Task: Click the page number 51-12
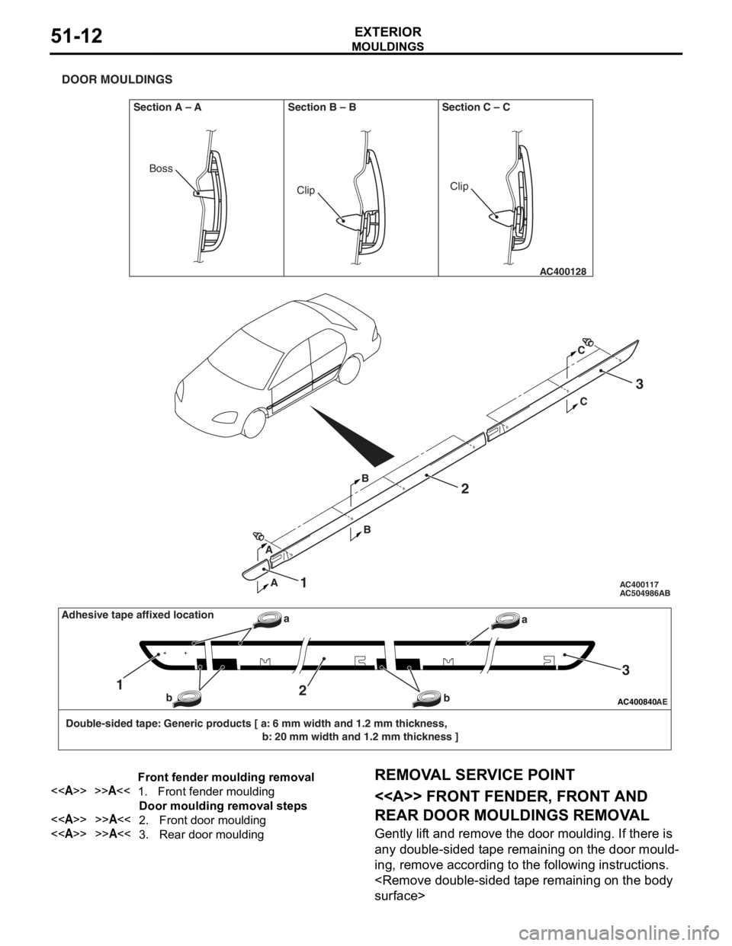pos(77,37)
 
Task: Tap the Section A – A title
pos(167,107)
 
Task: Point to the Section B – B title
pos(322,107)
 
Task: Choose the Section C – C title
pos(476,107)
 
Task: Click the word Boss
pos(161,168)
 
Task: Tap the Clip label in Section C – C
pos(459,186)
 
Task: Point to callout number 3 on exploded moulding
pos(639,385)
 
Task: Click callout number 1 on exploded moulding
pos(303,583)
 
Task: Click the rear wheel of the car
pos(349,369)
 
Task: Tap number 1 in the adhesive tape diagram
pos(120,684)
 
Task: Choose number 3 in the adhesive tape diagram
pos(624,670)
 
